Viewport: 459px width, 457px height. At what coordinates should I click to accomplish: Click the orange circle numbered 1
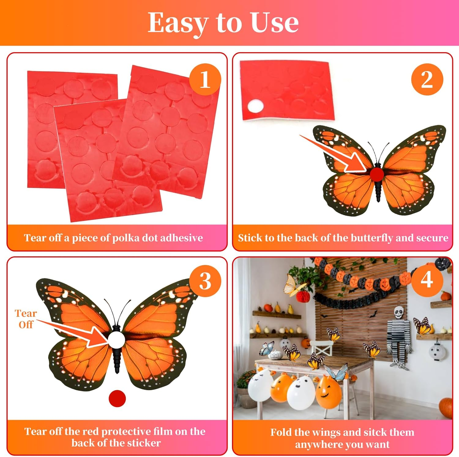tap(205, 80)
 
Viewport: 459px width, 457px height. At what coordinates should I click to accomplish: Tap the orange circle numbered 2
tap(427, 80)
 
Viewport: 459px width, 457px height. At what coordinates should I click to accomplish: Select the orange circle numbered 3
tap(205, 281)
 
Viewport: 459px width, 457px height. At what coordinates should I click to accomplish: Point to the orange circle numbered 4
tap(427, 280)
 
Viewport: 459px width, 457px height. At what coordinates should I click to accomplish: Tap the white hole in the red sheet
tap(256, 106)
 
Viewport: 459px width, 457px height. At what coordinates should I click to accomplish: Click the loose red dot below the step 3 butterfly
tap(117, 398)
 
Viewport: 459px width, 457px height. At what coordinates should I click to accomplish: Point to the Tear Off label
tap(26, 319)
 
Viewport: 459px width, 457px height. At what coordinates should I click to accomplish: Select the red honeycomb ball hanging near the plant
tap(303, 296)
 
